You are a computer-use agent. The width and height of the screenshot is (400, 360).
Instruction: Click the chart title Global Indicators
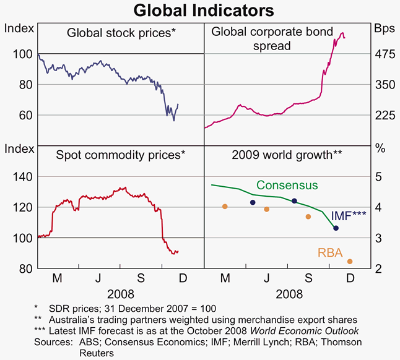pos(199,11)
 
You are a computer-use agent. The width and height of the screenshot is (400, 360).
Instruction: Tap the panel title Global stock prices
pos(120,33)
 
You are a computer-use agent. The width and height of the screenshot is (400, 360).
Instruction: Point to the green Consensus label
pos(287,185)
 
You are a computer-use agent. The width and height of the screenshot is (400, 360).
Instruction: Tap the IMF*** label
pos(349,215)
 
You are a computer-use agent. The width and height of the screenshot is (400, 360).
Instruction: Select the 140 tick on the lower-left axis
pos(21,177)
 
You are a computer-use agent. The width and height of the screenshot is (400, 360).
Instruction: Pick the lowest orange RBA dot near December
pos(350,262)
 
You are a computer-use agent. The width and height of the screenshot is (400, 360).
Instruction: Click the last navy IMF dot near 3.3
pos(336,228)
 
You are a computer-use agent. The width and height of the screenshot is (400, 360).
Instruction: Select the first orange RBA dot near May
pos(225,206)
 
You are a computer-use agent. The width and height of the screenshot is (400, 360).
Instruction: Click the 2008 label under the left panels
pos(120,294)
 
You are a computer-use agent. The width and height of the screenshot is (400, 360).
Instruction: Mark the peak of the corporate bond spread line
pos(342,33)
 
